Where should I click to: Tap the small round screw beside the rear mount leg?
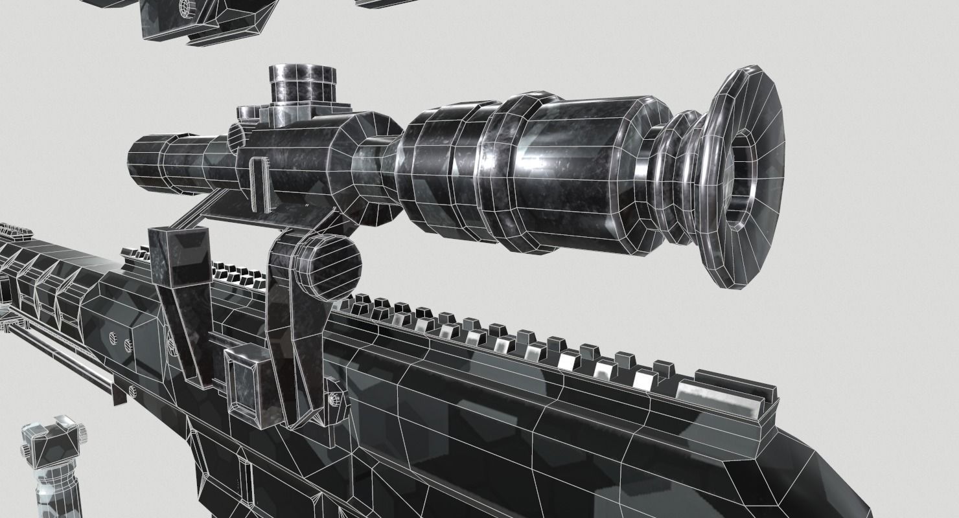[334, 400]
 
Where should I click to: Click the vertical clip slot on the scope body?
[258, 185]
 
